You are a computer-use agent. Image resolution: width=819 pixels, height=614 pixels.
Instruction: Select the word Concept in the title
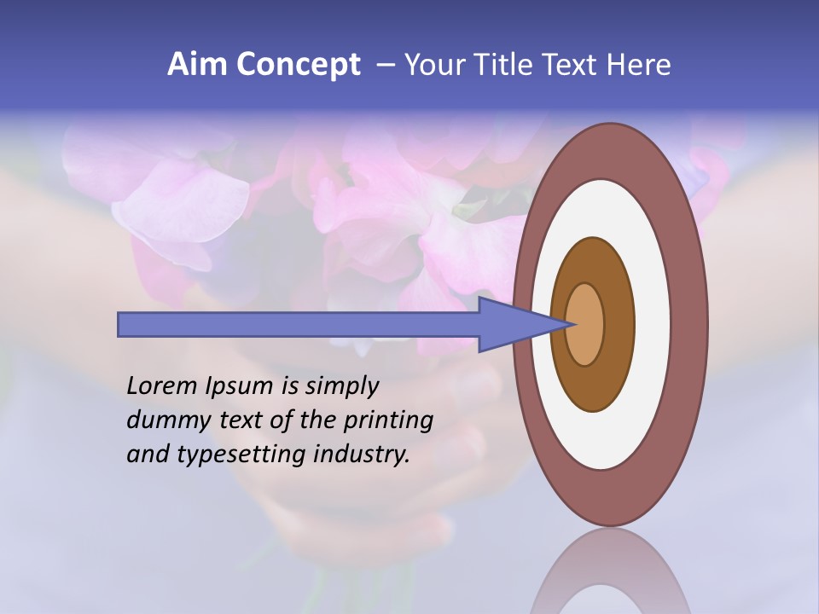tap(298, 65)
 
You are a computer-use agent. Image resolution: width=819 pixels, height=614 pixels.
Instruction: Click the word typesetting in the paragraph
tap(238, 455)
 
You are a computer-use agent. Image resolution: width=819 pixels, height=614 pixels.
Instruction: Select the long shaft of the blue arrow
tap(299, 324)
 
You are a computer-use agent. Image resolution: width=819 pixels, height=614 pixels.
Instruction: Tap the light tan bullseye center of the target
tap(585, 324)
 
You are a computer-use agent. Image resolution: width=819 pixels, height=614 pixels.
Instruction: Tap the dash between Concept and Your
tap(386, 65)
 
